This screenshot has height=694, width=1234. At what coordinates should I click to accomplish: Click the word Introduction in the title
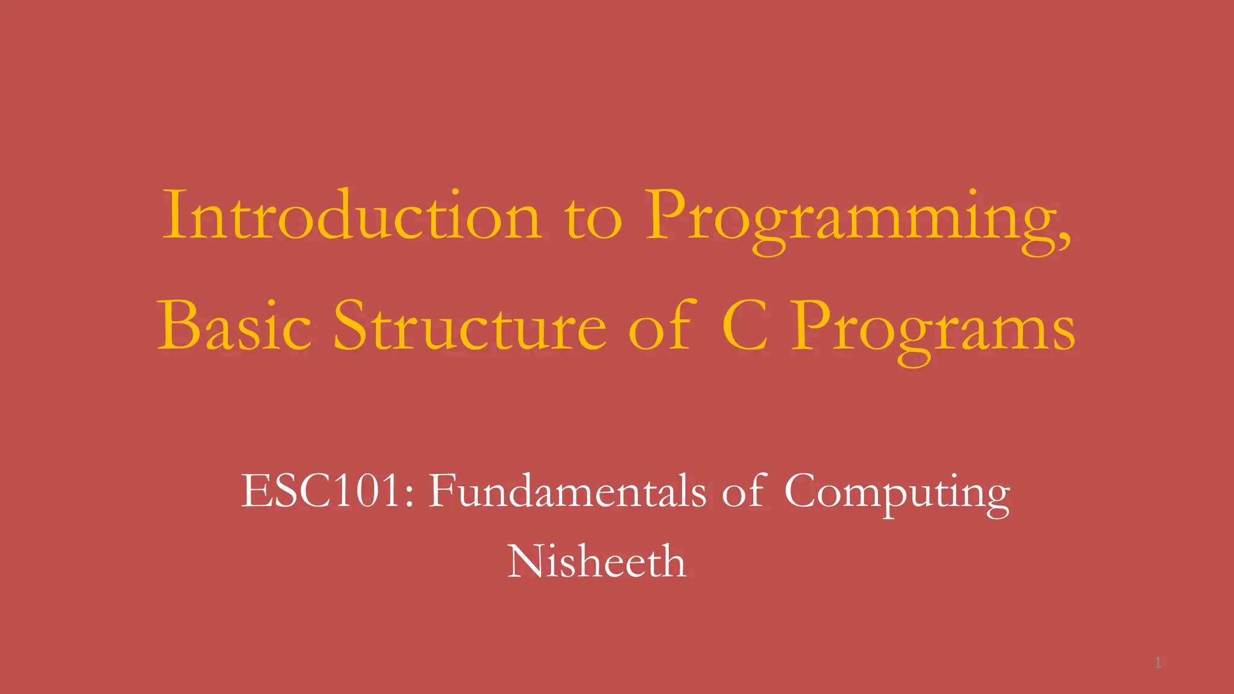coord(352,215)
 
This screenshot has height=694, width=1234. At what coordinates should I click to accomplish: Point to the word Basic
coord(234,326)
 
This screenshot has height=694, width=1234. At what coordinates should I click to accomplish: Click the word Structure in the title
coord(470,326)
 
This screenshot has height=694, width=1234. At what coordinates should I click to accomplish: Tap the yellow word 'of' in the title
coord(660,326)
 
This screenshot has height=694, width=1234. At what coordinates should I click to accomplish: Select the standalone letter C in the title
coord(745,326)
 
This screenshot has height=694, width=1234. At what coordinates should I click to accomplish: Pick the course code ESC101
coord(321,491)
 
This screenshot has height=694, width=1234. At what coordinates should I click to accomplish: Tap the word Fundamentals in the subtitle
coord(566,491)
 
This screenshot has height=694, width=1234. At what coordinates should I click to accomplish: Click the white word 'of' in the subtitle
coord(745,491)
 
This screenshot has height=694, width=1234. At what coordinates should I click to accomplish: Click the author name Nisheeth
coord(597,561)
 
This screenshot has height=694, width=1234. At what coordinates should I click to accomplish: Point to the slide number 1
coord(1157,663)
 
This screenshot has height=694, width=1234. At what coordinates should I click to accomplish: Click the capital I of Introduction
coord(175,215)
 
